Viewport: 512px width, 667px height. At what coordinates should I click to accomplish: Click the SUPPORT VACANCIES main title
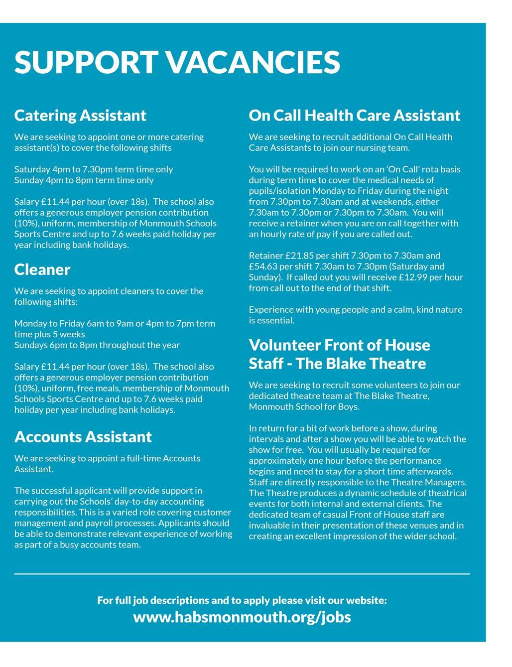pos(177,62)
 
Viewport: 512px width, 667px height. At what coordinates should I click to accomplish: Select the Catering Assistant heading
pos(80,116)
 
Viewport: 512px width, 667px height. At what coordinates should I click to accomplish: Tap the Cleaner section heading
pos(42,269)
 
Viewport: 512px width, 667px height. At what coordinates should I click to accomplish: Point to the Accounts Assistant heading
pos(83,437)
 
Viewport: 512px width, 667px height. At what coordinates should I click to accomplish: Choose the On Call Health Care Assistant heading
pos(355,116)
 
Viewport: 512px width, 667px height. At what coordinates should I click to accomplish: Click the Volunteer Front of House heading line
pos(339,345)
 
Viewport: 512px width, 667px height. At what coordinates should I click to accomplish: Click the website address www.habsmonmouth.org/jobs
pos(242,617)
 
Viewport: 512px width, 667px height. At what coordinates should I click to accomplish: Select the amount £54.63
pos(263,267)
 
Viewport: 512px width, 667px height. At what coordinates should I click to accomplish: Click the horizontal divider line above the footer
pos(242,574)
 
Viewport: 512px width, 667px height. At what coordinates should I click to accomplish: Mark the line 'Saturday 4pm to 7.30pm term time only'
pos(94,169)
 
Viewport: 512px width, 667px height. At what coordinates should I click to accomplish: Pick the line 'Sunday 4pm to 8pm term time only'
pos(84,180)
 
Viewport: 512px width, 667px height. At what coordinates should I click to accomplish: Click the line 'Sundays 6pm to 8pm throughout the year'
pos(97,345)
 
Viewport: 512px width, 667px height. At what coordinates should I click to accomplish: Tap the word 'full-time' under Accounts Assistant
pos(142,458)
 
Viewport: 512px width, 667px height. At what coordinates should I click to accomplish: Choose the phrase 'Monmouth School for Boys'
pos(304,406)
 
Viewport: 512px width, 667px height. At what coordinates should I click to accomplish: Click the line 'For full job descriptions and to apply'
pos(242,600)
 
